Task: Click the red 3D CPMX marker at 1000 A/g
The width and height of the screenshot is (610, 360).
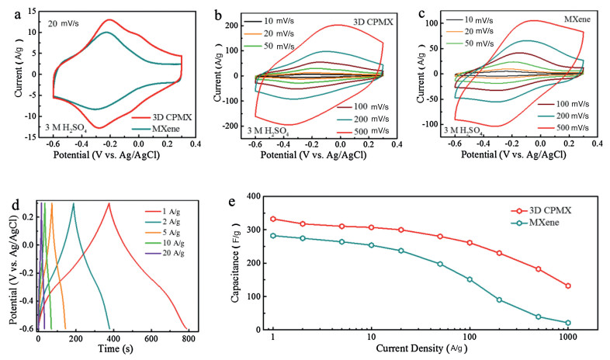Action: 568,286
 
